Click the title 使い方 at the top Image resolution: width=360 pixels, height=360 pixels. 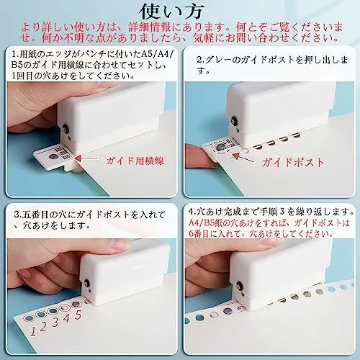click(172, 12)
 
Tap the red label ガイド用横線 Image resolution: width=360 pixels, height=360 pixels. click(135, 161)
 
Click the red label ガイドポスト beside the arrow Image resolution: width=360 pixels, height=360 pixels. click(293, 163)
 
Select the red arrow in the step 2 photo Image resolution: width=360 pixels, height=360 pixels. click(244, 158)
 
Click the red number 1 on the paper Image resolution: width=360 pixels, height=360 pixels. click(33, 331)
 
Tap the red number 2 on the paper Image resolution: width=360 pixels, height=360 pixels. click(43, 326)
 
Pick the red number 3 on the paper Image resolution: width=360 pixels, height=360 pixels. click(55, 322)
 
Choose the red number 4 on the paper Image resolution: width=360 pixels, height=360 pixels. click(66, 318)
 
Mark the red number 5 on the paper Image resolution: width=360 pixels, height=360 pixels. click(78, 315)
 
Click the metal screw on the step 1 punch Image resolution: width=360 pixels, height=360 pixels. click(65, 128)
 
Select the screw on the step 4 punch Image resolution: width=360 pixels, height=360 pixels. click(240, 285)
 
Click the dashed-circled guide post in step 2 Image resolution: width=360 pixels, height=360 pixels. click(220, 148)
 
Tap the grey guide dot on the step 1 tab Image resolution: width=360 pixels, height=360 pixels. click(53, 157)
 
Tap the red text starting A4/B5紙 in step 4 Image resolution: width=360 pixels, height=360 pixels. click(269, 228)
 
